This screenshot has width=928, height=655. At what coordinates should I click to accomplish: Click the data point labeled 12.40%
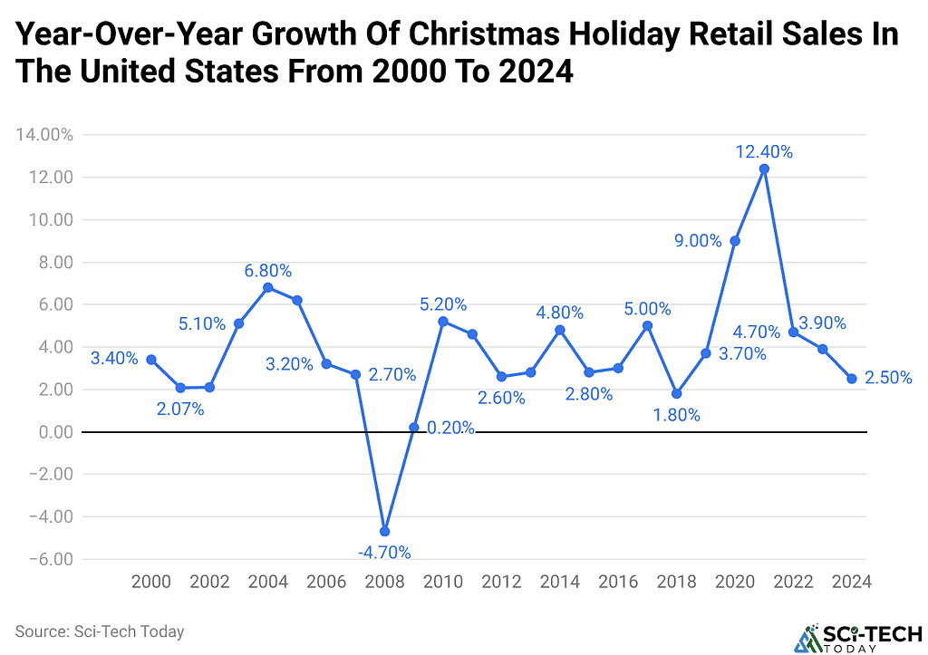click(x=764, y=169)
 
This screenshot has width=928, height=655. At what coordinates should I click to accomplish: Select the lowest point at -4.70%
click(x=384, y=531)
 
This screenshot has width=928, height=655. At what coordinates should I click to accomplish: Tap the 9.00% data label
click(x=698, y=241)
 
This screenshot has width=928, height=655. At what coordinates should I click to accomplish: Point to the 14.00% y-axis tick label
click(x=44, y=135)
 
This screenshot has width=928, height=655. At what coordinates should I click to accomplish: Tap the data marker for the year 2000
click(x=150, y=360)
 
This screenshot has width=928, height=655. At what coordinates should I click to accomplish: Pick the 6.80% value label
click(x=267, y=270)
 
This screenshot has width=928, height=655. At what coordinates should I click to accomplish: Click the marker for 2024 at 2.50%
click(x=852, y=379)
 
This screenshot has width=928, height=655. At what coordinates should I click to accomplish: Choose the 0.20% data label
click(x=449, y=429)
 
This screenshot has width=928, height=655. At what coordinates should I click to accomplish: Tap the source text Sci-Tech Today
click(x=100, y=631)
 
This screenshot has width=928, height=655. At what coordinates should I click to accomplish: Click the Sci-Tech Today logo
click(x=856, y=636)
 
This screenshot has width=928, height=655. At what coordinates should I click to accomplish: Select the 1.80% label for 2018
click(x=676, y=415)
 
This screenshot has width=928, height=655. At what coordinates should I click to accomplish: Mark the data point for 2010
click(x=443, y=322)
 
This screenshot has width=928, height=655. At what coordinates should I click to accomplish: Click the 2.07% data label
click(x=179, y=409)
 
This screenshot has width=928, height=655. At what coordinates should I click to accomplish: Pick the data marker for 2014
click(x=559, y=330)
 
